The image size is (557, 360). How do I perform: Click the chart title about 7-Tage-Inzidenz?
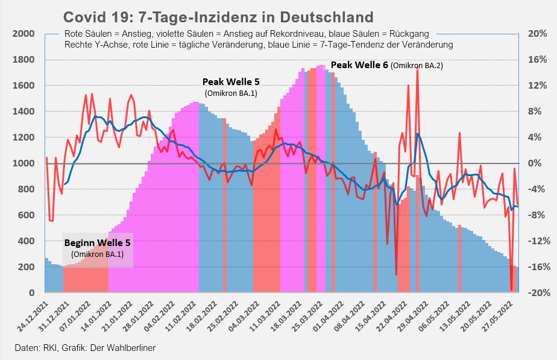point(218,16)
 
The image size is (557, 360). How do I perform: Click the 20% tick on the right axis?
point(537,34)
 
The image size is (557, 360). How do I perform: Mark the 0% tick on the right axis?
point(538,163)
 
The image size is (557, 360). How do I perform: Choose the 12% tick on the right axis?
point(537,86)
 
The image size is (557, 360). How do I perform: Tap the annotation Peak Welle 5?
point(231,81)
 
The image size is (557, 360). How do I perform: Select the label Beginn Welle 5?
point(97,243)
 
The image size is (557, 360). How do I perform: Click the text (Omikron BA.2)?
point(417,65)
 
